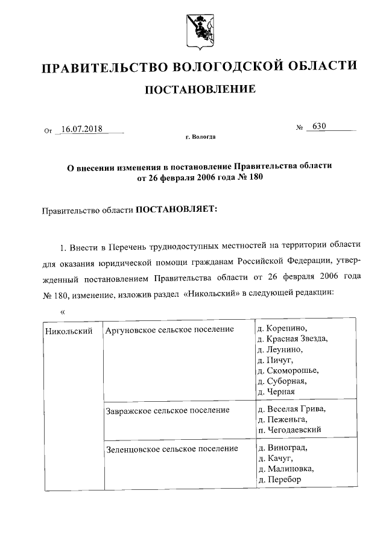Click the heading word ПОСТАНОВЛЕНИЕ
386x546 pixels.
[x=199, y=90]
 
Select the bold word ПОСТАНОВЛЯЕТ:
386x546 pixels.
[x=176, y=211]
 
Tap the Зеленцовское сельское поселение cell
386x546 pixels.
[x=171, y=448]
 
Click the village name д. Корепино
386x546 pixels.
[x=282, y=328]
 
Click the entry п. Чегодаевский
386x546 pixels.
[x=289, y=430]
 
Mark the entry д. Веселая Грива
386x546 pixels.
[x=291, y=409]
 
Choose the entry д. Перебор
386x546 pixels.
[x=279, y=480]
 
